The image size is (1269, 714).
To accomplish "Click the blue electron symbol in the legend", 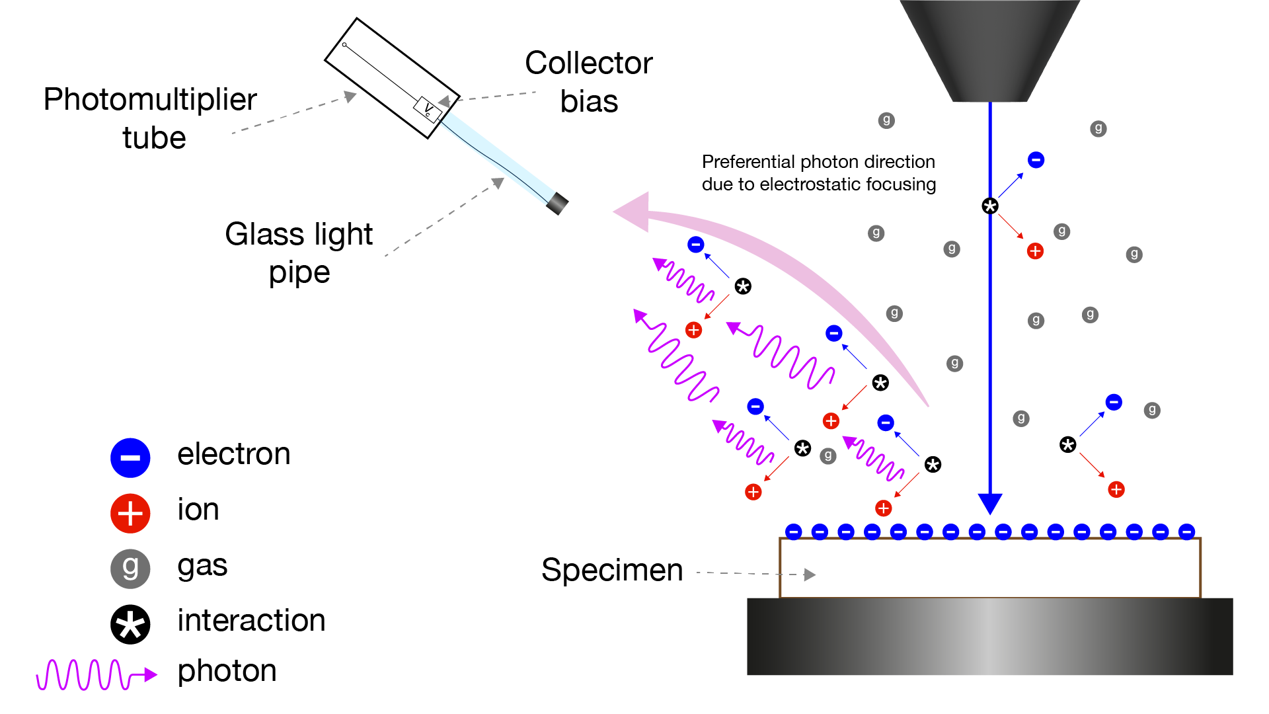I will (x=130, y=457).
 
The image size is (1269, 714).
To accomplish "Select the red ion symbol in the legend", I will (x=130, y=513).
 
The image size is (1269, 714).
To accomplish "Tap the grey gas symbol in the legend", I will (x=130, y=569).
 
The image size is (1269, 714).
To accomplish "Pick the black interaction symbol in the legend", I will (x=130, y=624).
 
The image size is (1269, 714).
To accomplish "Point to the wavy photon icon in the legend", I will (x=96, y=674).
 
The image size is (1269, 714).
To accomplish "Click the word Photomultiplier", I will (x=150, y=100).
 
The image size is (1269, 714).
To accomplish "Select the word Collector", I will (x=588, y=63).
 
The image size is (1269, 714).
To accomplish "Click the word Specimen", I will (x=611, y=570).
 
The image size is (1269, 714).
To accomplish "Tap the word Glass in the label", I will (x=265, y=234).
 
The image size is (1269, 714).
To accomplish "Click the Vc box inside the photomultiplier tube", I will (x=428, y=108).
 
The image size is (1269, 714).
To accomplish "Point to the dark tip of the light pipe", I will (x=557, y=204).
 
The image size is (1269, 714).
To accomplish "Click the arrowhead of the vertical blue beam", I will (x=990, y=503).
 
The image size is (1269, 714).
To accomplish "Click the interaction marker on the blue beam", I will (x=990, y=206).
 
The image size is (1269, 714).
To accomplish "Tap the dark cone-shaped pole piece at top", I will (x=989, y=50).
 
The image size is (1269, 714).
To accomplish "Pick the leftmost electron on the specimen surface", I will (x=793, y=532).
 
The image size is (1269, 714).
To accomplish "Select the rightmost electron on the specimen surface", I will (x=1187, y=532).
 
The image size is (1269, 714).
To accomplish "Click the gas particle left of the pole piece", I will (x=886, y=120).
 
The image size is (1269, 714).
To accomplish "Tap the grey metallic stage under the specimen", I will (x=989, y=636).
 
